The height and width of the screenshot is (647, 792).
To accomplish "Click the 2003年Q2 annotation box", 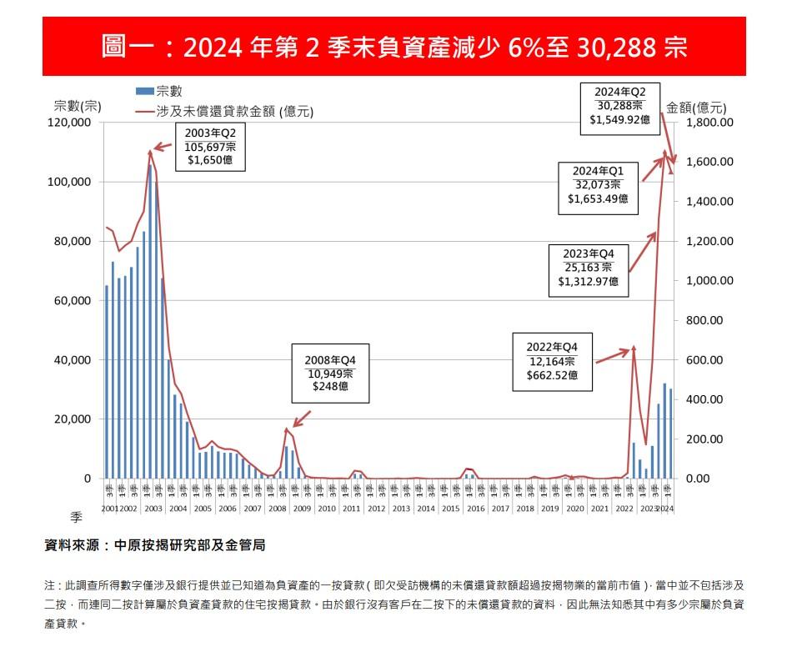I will [x=210, y=148].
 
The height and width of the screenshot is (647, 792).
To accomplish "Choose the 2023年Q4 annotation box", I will [x=589, y=268].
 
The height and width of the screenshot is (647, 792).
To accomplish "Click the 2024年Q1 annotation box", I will [x=597, y=183].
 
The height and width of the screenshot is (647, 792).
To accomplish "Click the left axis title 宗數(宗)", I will [x=77, y=106].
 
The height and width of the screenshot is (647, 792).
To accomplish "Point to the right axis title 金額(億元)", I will [x=697, y=107].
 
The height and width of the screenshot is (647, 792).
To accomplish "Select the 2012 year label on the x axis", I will [x=377, y=509].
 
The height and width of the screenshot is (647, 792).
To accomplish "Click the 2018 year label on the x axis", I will [x=524, y=509].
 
